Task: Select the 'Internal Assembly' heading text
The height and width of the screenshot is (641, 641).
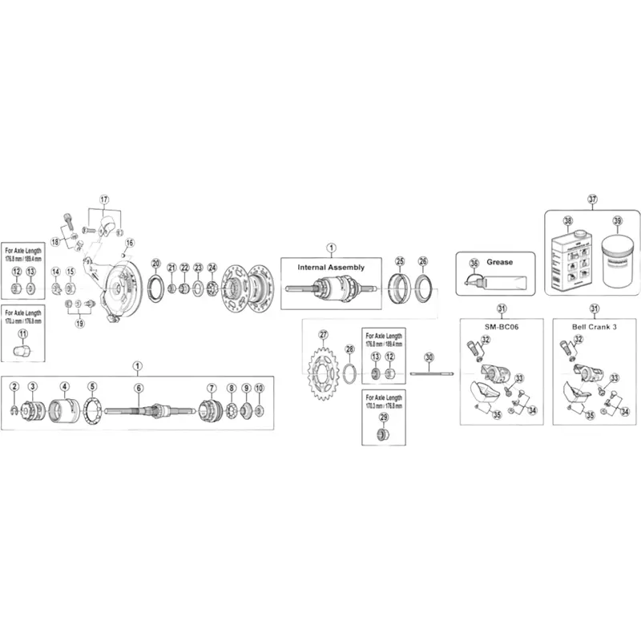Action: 331,267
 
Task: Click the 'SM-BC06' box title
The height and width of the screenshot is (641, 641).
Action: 501,329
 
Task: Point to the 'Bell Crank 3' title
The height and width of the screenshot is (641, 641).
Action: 593,329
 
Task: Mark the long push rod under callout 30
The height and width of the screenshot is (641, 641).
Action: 430,374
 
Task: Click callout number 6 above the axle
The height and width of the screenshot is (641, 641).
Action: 138,388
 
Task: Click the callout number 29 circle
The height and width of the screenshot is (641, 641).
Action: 383,417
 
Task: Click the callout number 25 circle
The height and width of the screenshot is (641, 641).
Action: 400,261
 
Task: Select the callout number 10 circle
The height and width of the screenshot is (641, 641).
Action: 259,388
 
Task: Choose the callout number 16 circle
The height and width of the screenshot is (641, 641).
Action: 130,243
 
